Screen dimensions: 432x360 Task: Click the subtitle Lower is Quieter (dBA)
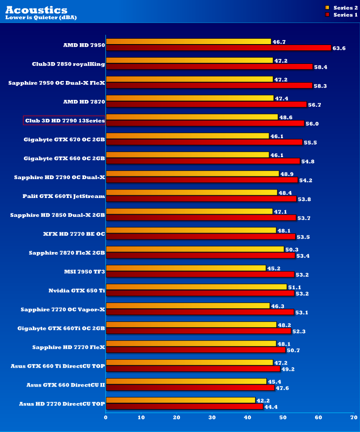click(x=41, y=18)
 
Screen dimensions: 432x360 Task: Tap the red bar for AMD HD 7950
click(x=218, y=48)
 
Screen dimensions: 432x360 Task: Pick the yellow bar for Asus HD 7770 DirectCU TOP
click(x=180, y=400)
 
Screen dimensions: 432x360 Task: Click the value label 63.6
click(x=339, y=48)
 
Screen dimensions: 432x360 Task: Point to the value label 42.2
click(x=263, y=400)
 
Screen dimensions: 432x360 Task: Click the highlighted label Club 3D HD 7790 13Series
click(x=64, y=121)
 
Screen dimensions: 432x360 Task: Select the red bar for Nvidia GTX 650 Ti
click(x=200, y=293)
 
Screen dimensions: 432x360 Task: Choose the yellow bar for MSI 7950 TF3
click(x=186, y=268)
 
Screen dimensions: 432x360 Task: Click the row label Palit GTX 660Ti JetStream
click(x=63, y=196)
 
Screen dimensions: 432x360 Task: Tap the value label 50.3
click(x=292, y=249)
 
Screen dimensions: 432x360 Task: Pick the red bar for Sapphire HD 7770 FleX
click(x=195, y=350)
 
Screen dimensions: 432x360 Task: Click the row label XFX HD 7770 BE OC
click(x=74, y=234)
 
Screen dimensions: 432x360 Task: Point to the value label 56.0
click(x=312, y=123)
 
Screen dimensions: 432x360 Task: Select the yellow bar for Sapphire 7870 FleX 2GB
click(x=195, y=249)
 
